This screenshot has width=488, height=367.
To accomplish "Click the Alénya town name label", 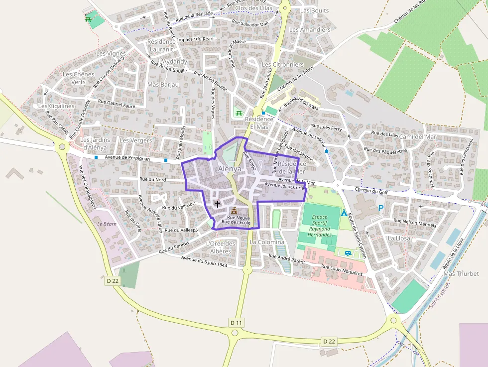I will point(230,169).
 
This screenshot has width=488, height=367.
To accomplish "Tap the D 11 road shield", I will point(236,323).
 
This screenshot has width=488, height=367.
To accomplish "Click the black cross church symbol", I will point(217,203).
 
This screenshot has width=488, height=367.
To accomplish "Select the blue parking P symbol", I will point(381,208).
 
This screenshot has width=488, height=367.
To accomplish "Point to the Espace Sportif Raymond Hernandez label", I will point(319,226).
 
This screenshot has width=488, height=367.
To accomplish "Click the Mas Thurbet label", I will point(461,274).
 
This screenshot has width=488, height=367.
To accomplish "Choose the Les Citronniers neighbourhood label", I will point(282,65).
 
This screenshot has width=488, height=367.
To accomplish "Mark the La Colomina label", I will point(267,242).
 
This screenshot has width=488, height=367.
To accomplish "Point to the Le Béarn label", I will point(106,224).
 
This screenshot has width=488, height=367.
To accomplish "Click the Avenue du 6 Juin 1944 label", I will point(204,262).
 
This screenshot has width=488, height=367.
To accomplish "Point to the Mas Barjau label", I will point(163,85).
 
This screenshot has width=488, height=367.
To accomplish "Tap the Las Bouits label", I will point(314,10).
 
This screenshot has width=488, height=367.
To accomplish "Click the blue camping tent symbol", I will point(344,213).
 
